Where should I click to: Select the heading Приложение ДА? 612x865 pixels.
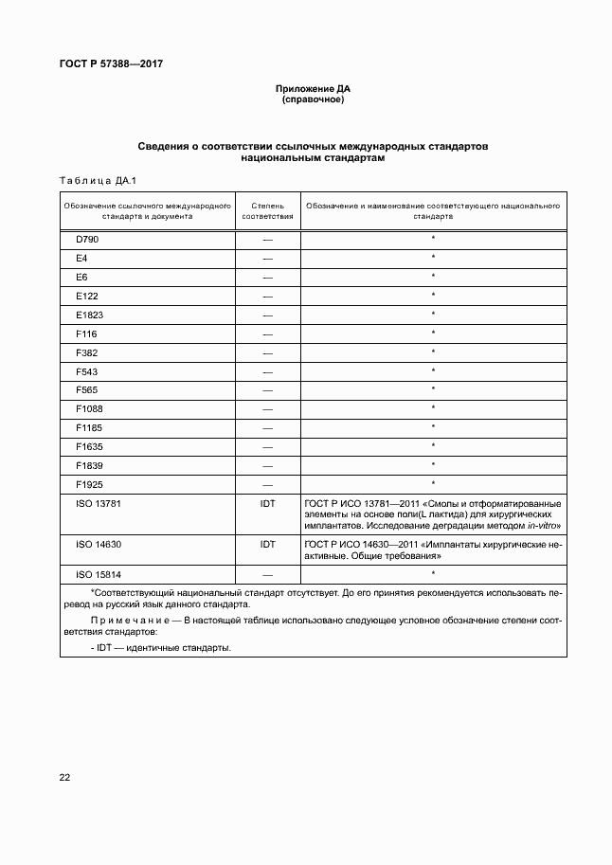tap(312, 89)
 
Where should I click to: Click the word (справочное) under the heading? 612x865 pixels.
tap(312, 99)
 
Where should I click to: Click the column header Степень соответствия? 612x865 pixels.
tap(267, 209)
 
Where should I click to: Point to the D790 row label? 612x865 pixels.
tap(87, 240)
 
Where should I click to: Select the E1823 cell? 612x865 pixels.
tap(90, 315)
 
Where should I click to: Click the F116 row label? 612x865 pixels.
tap(86, 333)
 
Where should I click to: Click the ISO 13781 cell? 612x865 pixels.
tap(98, 503)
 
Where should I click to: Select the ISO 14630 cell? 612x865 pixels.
tap(98, 545)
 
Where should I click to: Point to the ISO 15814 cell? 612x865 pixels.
tap(98, 574)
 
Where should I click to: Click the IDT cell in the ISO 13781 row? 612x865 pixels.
tap(267, 503)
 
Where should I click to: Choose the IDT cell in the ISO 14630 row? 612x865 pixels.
tap(267, 545)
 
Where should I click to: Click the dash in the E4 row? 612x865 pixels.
tap(267, 259)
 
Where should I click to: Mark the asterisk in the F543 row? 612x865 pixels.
tap(433, 370)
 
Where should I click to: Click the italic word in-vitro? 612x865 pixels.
tap(543, 525)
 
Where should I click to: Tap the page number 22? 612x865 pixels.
tap(64, 777)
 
